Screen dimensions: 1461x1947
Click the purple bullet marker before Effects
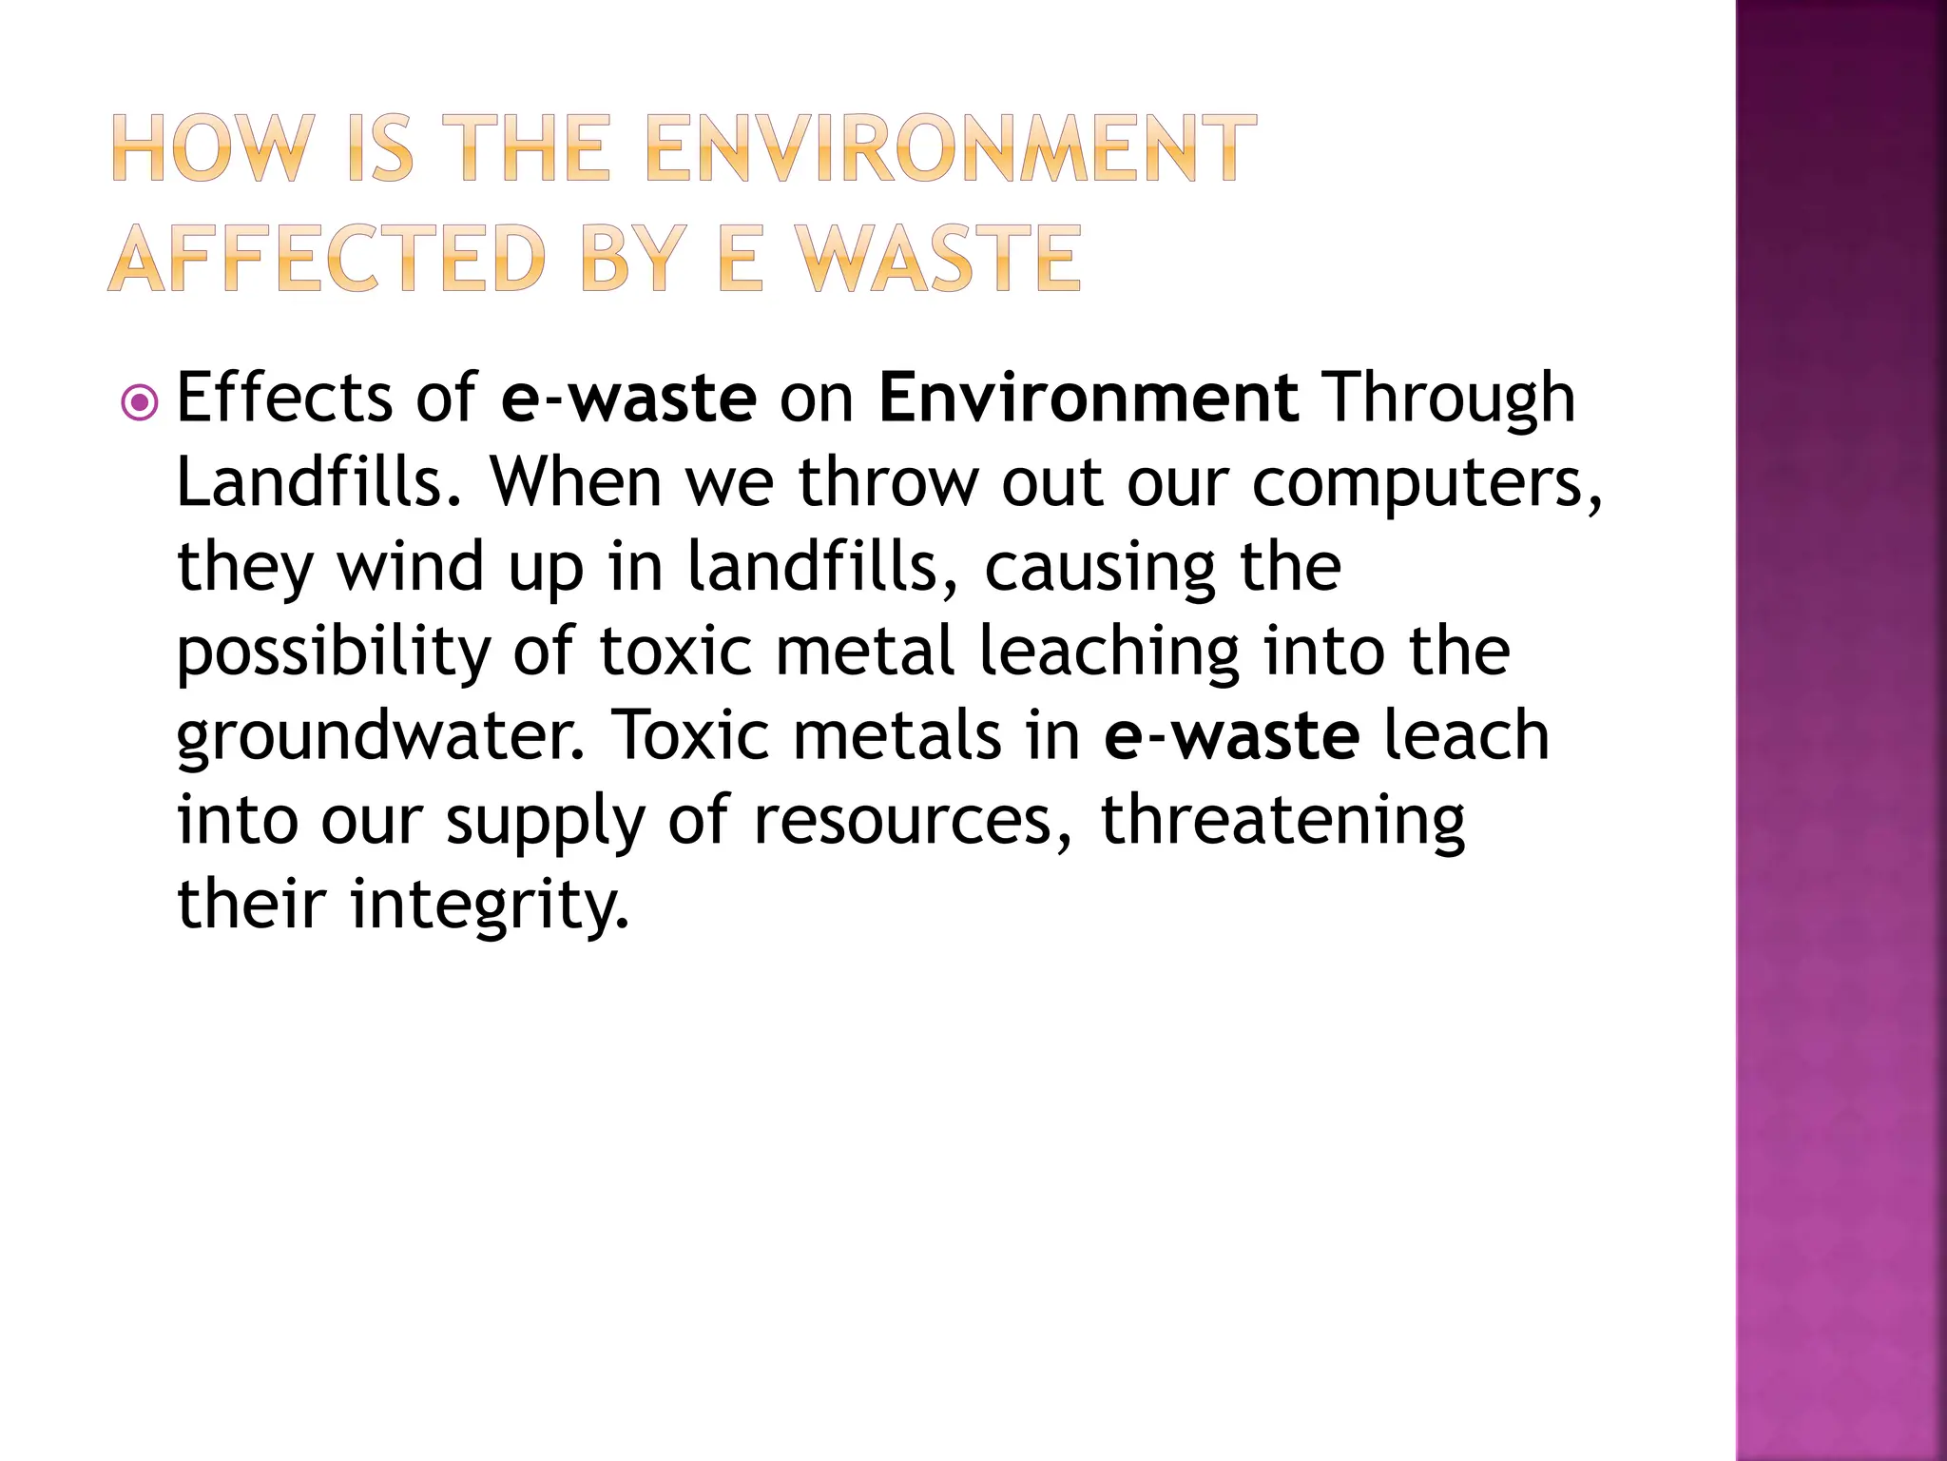(x=141, y=403)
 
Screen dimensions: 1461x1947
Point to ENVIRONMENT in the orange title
(x=951, y=148)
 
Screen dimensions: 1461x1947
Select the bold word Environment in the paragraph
(x=1089, y=398)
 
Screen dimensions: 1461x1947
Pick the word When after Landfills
(x=574, y=481)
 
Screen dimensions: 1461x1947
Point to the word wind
(x=411, y=566)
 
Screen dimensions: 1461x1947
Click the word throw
(x=888, y=481)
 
